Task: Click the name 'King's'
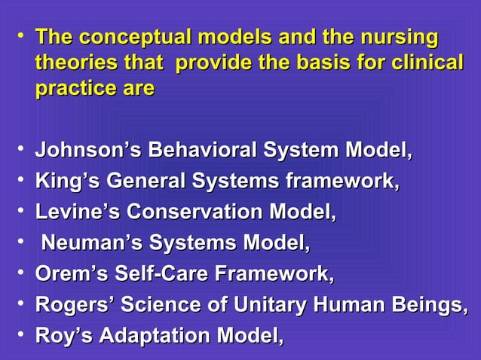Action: pyautogui.click(x=66, y=182)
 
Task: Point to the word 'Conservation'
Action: pyautogui.click(x=189, y=213)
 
